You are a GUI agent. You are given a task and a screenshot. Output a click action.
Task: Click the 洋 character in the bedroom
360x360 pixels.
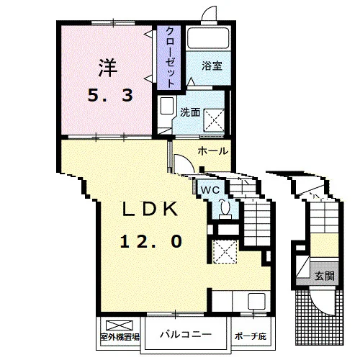click(x=107, y=68)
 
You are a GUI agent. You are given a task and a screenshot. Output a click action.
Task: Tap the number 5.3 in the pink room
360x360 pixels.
click(x=110, y=95)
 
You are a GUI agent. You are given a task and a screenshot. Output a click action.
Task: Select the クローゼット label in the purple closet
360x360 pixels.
click(x=170, y=57)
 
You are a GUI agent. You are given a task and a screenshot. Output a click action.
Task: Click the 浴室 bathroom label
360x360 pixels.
click(x=212, y=66)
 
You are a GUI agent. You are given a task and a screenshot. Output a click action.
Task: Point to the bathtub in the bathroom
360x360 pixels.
click(x=209, y=38)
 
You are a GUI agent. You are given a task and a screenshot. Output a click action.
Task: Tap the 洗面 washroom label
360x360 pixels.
click(x=190, y=112)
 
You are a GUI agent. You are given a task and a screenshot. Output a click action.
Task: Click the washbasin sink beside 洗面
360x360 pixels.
click(x=167, y=106)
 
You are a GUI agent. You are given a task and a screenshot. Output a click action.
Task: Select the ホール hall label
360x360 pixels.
click(x=213, y=151)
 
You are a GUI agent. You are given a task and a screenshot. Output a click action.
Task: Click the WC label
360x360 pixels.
click(x=210, y=190)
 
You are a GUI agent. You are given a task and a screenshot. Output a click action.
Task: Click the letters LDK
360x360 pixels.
click(x=150, y=209)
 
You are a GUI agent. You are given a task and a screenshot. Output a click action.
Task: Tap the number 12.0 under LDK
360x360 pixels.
click(x=151, y=241)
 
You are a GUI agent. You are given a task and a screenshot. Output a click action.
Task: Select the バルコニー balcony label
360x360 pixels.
click(x=186, y=334)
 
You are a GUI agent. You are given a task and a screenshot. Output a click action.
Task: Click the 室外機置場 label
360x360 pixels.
click(x=120, y=337)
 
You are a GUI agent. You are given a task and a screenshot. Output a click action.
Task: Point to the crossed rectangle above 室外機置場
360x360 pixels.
click(x=120, y=325)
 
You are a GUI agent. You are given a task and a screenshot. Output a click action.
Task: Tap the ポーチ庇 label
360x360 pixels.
click(x=251, y=336)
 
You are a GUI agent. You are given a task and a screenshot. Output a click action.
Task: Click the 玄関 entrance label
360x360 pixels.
click(x=325, y=276)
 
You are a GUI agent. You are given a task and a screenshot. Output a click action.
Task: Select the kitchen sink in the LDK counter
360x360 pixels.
click(x=256, y=301)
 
